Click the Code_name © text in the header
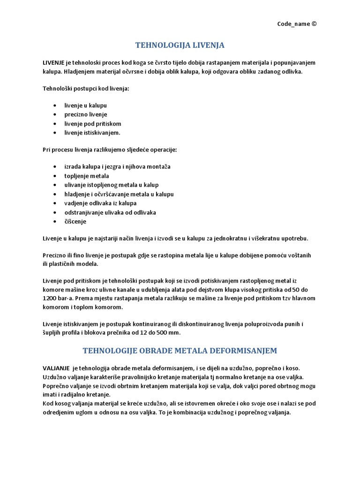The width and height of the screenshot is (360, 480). [x=293, y=24]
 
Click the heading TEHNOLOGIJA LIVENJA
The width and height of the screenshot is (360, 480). [x=180, y=45]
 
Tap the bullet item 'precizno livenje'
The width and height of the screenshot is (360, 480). [x=86, y=114]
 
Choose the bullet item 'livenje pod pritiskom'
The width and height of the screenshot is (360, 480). [x=93, y=124]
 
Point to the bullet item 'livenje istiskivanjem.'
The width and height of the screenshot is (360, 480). [x=92, y=133]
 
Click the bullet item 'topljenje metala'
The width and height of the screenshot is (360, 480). [x=87, y=176]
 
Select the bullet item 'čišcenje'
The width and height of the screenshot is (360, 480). [x=75, y=221]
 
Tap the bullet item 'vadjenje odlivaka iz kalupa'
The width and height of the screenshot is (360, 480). [x=100, y=203]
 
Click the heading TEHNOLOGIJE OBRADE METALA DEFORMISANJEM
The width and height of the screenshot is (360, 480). [x=180, y=351]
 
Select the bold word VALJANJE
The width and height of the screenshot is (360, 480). [x=57, y=368]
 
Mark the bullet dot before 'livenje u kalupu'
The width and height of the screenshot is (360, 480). [x=56, y=105]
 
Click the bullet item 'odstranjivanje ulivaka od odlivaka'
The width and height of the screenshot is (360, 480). [x=110, y=212]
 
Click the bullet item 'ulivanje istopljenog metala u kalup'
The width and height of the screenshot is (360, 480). [x=111, y=185]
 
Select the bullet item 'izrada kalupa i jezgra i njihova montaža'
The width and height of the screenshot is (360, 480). [x=117, y=167]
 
